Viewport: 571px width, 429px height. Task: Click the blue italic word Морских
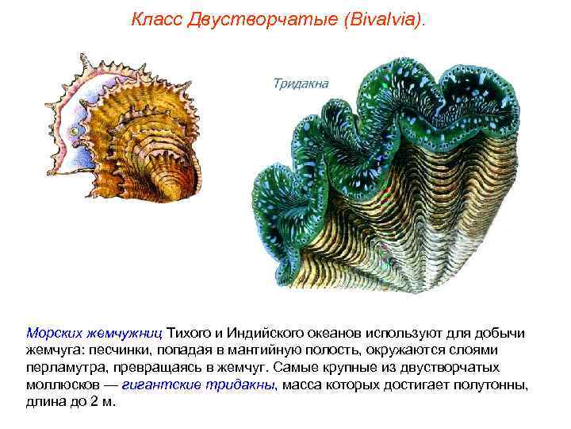point(53,332)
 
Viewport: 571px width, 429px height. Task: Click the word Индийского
point(266,332)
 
